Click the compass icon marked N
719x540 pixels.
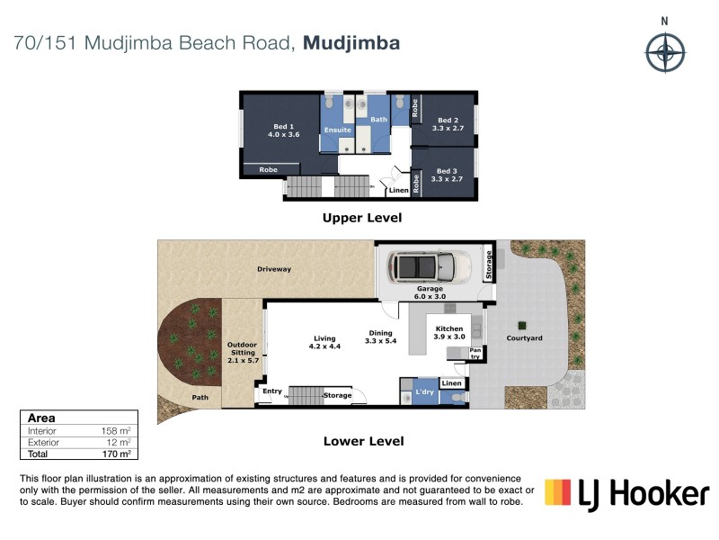665,49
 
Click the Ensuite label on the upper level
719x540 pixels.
338,130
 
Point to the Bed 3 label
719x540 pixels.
447,175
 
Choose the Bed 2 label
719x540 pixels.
447,124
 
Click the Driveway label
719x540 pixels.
273,269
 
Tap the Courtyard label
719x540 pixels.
549,337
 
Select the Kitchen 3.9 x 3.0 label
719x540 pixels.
448,333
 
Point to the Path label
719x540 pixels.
200,396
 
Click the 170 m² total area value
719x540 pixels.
116,454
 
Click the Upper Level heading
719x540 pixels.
362,218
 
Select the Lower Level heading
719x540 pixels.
363,441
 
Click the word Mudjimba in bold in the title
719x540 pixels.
351,42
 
